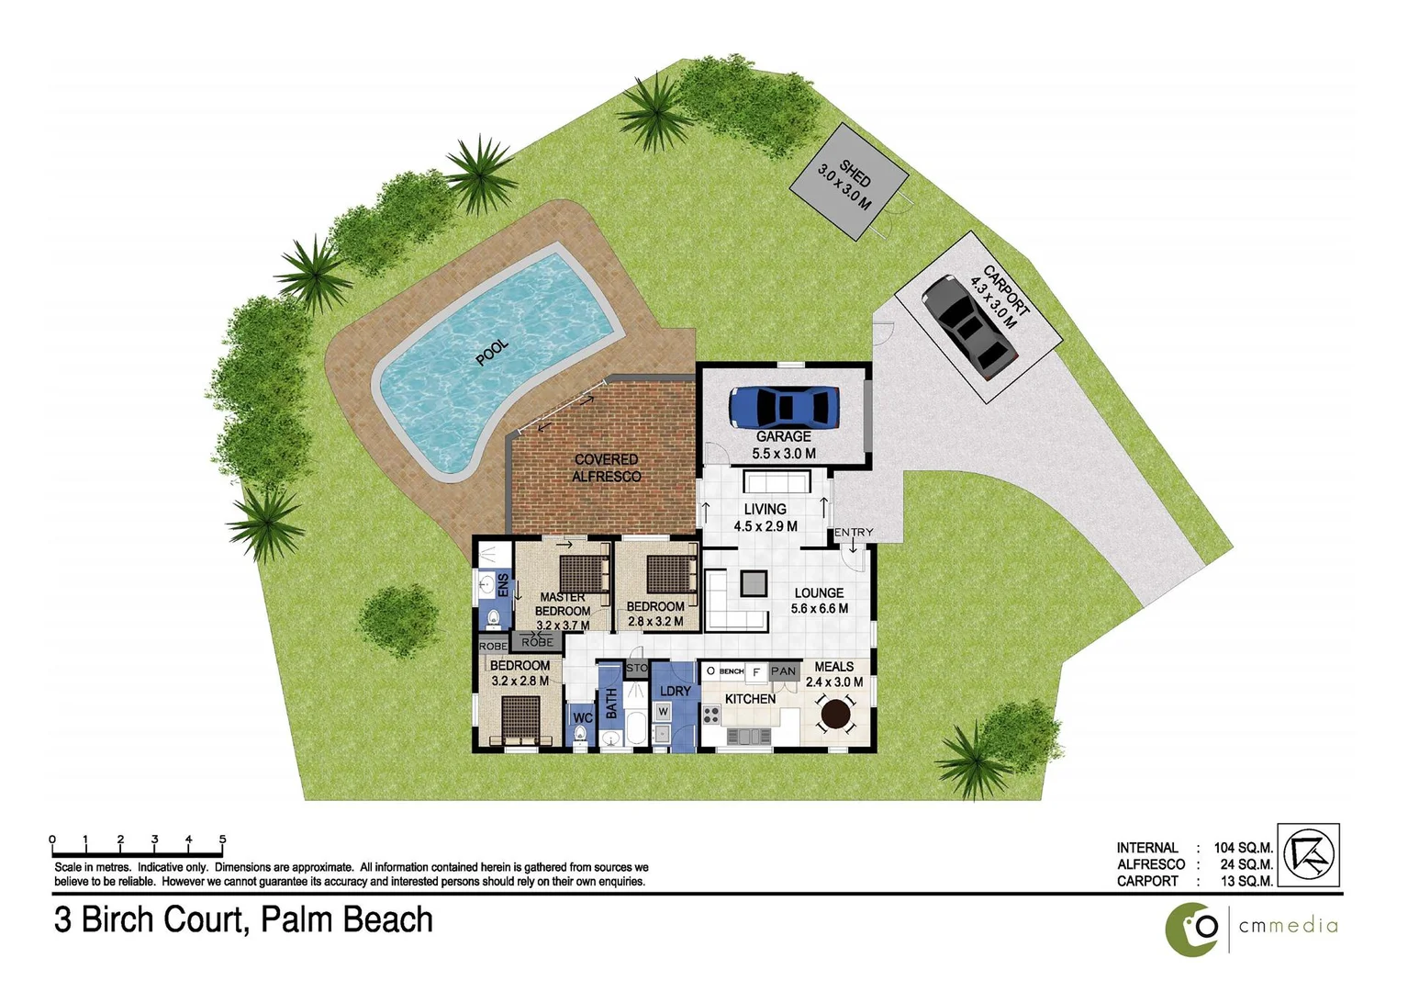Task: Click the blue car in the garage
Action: tap(785, 407)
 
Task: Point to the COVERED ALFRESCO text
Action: tap(606, 468)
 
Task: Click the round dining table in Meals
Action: tap(835, 713)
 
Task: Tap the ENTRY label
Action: tap(854, 533)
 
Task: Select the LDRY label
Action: tap(676, 691)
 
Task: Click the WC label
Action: tap(582, 718)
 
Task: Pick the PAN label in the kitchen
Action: tap(783, 671)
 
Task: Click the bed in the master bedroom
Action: tap(584, 575)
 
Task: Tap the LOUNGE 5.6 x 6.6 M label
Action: tap(819, 601)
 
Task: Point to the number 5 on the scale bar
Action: tap(222, 840)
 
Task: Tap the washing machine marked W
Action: tap(663, 712)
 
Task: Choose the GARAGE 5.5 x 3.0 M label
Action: tap(784, 445)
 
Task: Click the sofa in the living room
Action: tap(777, 483)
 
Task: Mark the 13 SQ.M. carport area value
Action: tap(1246, 881)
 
